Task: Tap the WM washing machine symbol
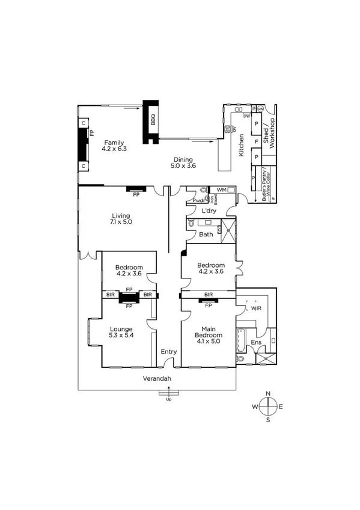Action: tap(221, 190)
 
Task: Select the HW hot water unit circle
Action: tap(260, 108)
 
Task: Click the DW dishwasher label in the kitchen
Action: tap(247, 116)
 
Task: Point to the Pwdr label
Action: tap(198, 200)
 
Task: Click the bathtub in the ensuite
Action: tap(241, 340)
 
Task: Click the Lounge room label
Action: tap(121, 329)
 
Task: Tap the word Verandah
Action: tap(157, 378)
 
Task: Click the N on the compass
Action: tap(268, 393)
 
